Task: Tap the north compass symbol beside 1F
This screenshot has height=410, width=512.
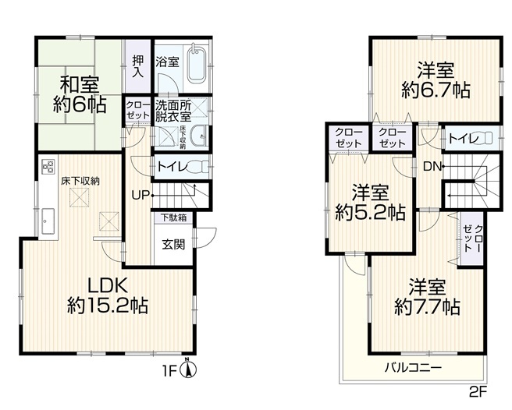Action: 188,368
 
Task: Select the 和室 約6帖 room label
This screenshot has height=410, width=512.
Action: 79,94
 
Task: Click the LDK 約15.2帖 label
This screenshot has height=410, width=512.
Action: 108,296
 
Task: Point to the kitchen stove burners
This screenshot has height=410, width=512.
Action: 48,165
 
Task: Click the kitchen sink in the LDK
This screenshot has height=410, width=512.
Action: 48,221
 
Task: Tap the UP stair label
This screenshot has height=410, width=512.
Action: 140,196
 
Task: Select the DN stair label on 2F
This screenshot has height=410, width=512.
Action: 432,167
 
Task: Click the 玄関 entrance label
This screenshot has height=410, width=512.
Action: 173,244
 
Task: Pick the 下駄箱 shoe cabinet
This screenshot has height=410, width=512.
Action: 173,218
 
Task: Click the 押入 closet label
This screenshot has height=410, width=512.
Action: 138,66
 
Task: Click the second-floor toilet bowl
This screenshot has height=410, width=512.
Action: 485,139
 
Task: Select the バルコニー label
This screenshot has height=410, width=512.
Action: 413,368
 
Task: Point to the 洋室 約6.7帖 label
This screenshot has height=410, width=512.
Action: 436,80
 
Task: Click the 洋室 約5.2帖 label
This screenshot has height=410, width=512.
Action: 370,203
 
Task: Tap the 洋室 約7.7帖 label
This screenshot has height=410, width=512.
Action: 428,296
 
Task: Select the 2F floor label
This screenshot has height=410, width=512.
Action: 478,391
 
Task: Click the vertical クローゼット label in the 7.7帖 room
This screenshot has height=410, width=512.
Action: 472,238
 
